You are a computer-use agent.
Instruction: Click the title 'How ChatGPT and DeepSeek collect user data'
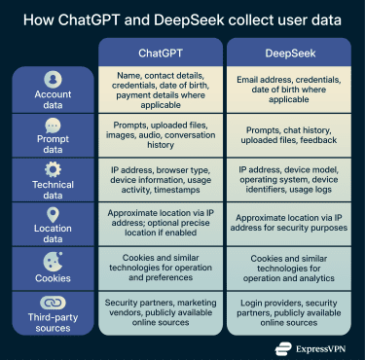[182, 18]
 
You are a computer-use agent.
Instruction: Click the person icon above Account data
[53, 79]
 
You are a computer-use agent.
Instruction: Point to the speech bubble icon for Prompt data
[53, 125]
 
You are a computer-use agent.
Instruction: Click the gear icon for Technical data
[53, 169]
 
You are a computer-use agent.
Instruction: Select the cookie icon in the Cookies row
[53, 260]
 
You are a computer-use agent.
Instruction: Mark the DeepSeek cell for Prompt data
[289, 135]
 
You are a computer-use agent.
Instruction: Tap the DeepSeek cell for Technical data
[289, 180]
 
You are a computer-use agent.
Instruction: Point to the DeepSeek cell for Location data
[289, 225]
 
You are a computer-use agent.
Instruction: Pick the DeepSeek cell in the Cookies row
[289, 270]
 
